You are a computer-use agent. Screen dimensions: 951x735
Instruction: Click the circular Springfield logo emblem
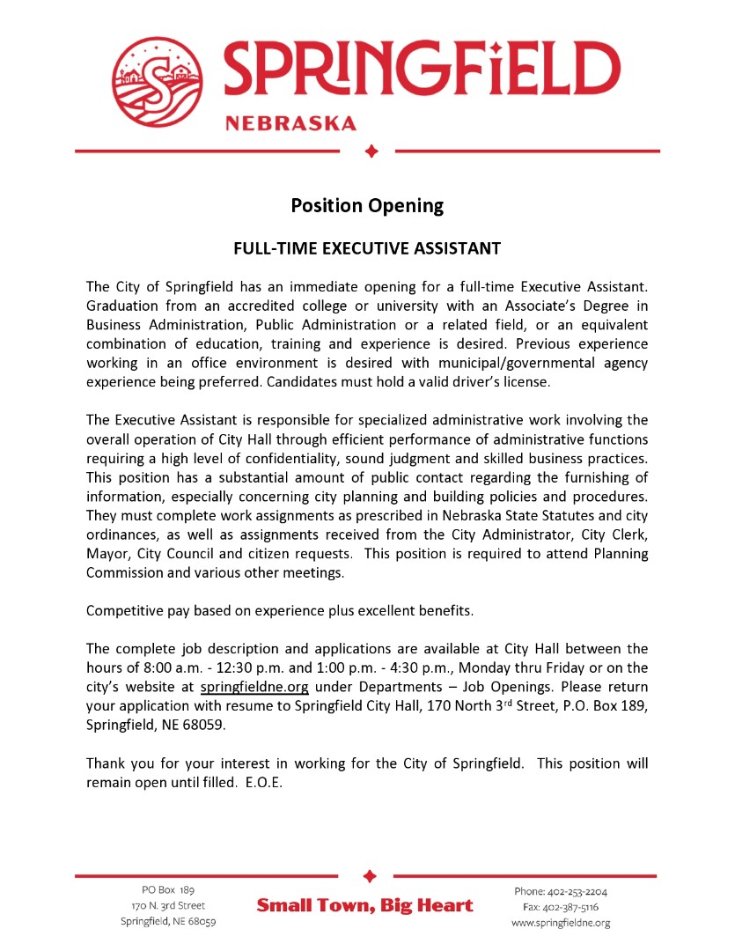pyautogui.click(x=159, y=80)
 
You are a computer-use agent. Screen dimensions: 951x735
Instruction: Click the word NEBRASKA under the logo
pyautogui.click(x=291, y=123)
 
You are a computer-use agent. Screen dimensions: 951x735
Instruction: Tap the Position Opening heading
pyautogui.click(x=367, y=206)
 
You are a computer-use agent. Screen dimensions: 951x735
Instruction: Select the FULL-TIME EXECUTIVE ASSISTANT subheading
pyautogui.click(x=367, y=248)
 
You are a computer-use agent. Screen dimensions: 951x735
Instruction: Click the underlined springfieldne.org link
pyautogui.click(x=254, y=687)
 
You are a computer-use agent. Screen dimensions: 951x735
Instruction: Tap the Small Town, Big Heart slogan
pyautogui.click(x=364, y=905)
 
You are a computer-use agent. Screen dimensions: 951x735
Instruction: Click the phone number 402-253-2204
pyautogui.click(x=577, y=891)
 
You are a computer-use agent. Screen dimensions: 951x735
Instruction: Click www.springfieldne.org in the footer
pyautogui.click(x=561, y=922)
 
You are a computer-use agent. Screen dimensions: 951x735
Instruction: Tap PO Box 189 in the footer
pyautogui.click(x=168, y=890)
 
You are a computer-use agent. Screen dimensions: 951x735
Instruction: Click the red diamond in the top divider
pyautogui.click(x=371, y=151)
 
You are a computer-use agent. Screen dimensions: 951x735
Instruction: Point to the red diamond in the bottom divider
pyautogui.click(x=370, y=876)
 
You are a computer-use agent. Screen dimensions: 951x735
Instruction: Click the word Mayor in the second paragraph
pyautogui.click(x=107, y=554)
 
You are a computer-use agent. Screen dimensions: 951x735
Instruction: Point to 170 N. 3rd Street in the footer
pyautogui.click(x=168, y=905)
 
